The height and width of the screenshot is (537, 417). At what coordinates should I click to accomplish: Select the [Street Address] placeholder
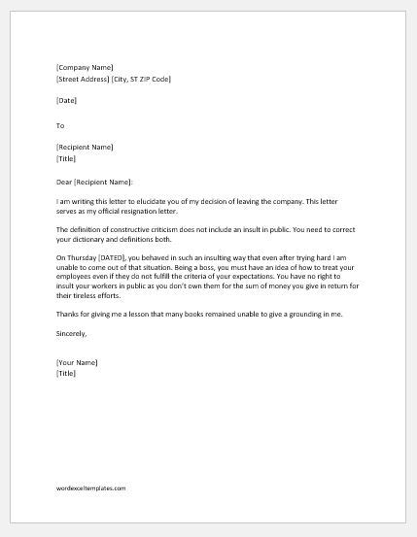click(85, 79)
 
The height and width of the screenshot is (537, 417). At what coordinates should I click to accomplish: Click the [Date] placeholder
click(67, 101)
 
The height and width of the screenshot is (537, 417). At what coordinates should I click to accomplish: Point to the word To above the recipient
click(60, 125)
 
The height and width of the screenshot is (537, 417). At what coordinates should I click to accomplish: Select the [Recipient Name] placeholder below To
click(86, 148)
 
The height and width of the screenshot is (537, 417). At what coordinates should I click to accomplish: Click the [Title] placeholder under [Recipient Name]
click(66, 158)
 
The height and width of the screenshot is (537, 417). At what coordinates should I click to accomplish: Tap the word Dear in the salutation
click(65, 181)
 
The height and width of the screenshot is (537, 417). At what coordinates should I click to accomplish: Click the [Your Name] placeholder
click(78, 389)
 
